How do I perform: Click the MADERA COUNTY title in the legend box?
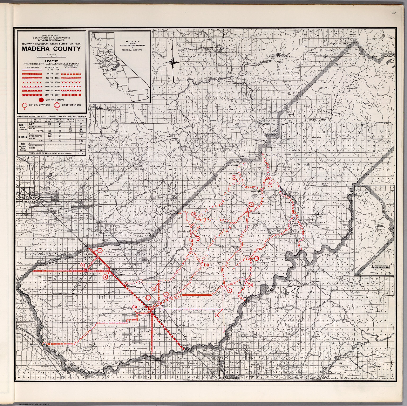(51, 49)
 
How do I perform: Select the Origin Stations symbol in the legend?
(57, 105)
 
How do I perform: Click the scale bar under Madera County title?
(51, 56)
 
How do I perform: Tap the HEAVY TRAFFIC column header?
(70, 120)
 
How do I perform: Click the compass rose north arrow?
(172, 62)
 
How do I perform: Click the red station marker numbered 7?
(270, 185)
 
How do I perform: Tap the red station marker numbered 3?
(100, 250)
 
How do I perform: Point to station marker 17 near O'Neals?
(256, 258)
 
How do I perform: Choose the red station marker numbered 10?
(135, 307)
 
